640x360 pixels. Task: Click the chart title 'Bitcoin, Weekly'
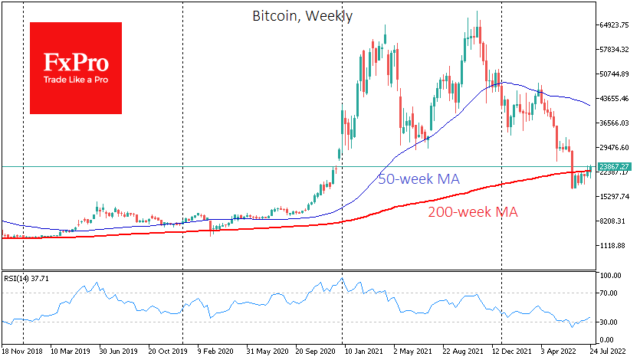[x=301, y=15]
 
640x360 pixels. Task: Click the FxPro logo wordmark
[x=75, y=62]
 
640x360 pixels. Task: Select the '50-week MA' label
[x=418, y=179]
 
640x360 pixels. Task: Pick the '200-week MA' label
[x=472, y=211]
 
